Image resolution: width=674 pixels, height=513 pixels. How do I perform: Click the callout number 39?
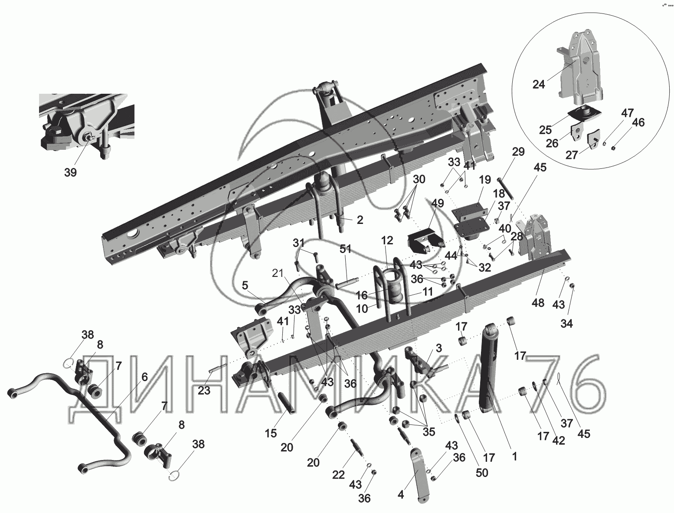[70, 172]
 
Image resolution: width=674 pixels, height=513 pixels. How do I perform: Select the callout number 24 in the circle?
[539, 84]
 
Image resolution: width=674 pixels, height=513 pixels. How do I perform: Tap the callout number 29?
[518, 152]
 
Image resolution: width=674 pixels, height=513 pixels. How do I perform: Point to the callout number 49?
[438, 204]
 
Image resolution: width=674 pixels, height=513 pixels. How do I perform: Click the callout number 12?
[387, 240]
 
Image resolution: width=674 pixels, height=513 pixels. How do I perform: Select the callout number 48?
[538, 303]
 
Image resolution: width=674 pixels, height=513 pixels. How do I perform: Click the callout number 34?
[566, 323]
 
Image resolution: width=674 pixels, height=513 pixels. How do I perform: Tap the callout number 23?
[204, 391]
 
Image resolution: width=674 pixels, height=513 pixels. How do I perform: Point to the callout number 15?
[271, 433]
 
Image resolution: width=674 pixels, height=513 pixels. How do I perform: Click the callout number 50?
[481, 473]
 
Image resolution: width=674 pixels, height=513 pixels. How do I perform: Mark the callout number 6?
[144, 377]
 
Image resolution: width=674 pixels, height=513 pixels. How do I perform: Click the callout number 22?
[338, 475]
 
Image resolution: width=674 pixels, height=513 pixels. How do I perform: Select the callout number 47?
[627, 113]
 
